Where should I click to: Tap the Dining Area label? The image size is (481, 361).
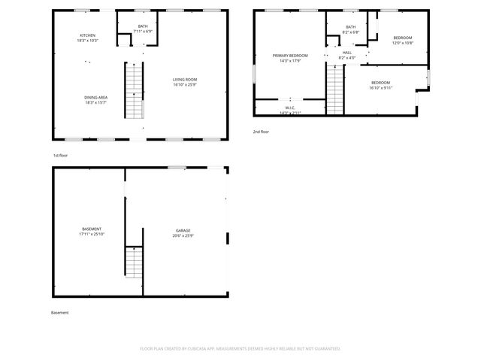coord(95,97)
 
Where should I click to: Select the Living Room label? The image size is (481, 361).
coord(185,79)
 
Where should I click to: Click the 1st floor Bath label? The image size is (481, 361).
coord(142,26)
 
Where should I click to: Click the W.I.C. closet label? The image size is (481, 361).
coord(290,108)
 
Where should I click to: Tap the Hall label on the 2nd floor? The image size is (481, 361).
coord(347,53)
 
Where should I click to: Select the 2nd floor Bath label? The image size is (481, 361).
coord(351,27)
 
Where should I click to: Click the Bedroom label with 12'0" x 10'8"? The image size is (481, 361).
coord(403,38)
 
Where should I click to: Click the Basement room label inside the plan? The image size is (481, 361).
coord(92,229)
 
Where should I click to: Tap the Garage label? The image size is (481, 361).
coord(183,230)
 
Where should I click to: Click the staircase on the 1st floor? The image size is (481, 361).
coord(134,91)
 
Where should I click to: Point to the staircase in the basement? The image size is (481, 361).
coord(134,262)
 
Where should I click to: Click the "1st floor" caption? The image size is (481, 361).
coord(61,155)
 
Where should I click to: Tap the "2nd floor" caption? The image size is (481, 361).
coord(261,132)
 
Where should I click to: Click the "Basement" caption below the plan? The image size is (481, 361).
coord(60,312)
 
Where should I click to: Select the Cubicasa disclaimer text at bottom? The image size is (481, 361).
coord(240,348)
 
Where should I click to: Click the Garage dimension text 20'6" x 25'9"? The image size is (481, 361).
coord(183,236)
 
